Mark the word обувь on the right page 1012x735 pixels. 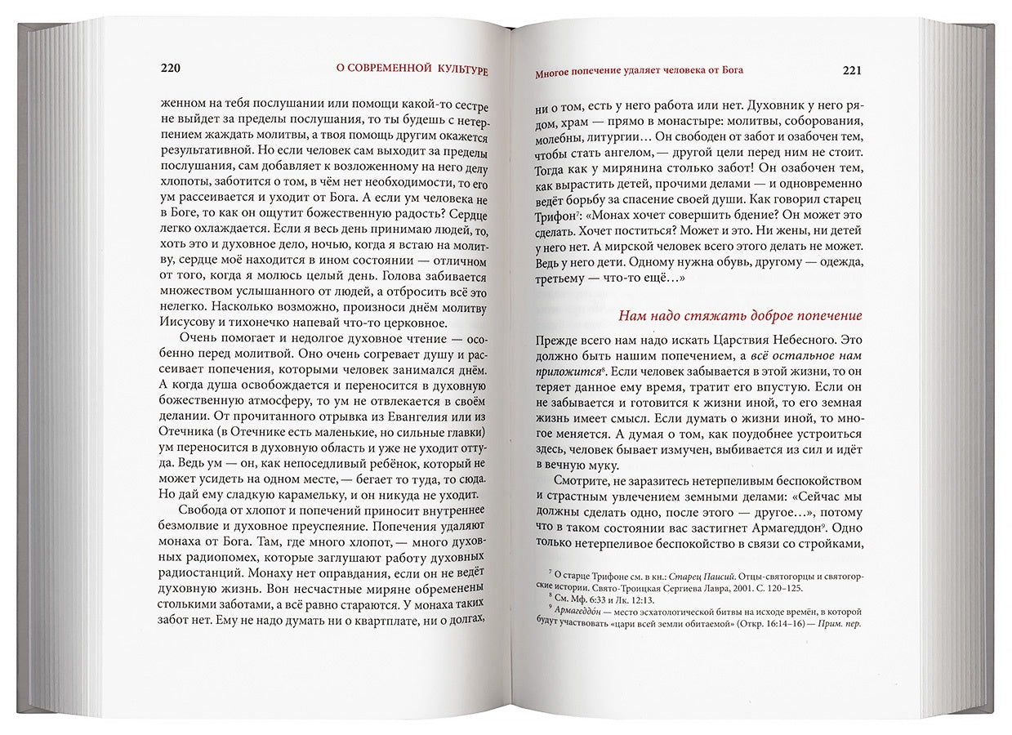pyautogui.click(x=714, y=265)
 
